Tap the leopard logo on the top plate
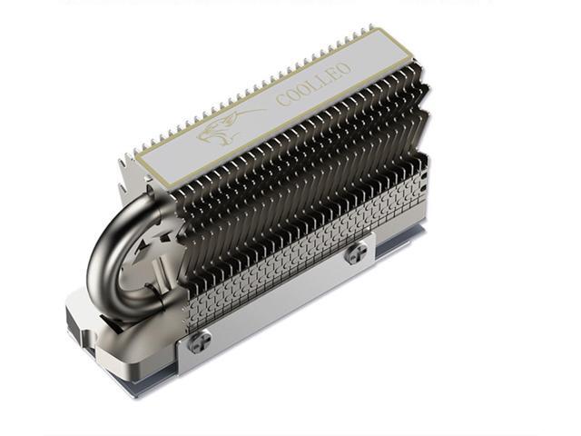tap(226, 127)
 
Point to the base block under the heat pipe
tap(118, 336)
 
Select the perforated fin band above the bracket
tap(300, 245)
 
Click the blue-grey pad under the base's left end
tap(100, 363)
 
